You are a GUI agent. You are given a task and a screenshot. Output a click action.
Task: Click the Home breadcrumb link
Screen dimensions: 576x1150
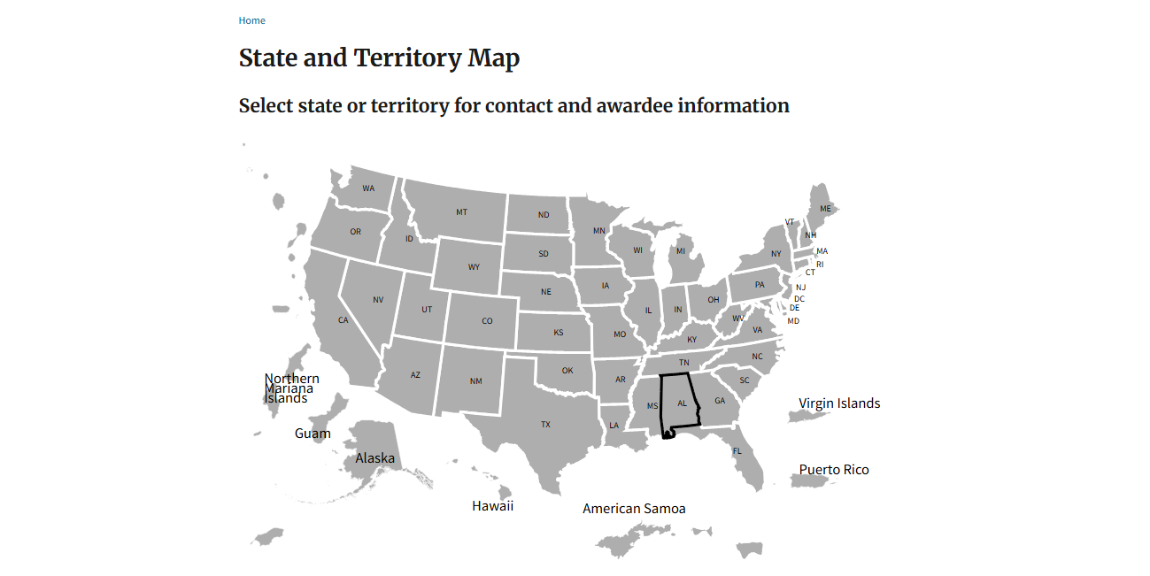click(251, 20)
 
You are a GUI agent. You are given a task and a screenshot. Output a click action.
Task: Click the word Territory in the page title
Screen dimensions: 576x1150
click(407, 58)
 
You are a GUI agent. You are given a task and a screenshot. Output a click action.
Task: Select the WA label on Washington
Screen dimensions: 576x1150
click(368, 188)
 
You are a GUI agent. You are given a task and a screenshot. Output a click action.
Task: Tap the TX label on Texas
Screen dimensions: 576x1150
click(545, 425)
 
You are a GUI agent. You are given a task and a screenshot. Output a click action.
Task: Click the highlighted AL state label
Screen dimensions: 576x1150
click(682, 403)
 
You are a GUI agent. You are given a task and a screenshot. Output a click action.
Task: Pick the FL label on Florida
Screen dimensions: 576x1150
click(737, 451)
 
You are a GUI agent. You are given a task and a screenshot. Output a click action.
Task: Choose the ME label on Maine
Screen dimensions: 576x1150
click(826, 209)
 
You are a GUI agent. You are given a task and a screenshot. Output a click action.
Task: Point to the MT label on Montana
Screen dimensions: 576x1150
click(461, 212)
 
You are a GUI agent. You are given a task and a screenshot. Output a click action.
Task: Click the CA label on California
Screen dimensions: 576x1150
click(343, 320)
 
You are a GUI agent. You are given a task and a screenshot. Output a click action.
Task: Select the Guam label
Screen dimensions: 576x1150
click(313, 434)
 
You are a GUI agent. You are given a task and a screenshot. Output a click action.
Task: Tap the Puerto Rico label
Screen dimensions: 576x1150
click(834, 470)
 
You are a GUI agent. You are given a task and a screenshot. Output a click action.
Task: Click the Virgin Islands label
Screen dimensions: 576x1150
click(839, 403)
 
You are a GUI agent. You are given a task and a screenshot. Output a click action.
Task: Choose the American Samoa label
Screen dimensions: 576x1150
click(634, 509)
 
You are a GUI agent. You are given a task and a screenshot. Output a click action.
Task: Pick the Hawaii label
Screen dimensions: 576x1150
click(492, 506)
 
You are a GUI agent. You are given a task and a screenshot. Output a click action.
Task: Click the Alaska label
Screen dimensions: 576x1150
click(374, 458)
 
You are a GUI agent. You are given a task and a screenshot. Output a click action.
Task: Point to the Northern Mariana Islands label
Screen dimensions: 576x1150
click(290, 388)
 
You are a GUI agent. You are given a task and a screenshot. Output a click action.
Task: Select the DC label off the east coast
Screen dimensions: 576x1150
click(799, 299)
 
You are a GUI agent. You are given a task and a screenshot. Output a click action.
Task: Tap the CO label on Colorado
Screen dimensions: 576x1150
click(487, 321)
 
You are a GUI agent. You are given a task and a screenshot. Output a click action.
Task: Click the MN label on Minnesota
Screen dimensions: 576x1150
click(599, 232)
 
